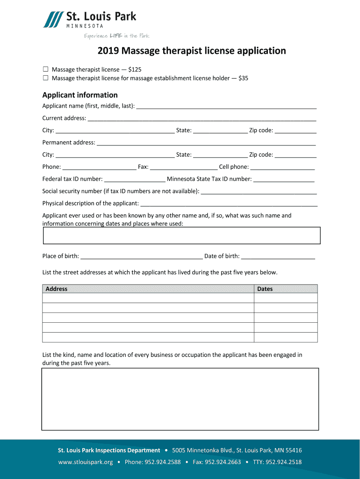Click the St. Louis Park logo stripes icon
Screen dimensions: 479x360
coord(53,20)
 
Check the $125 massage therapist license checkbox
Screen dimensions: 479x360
coord(46,69)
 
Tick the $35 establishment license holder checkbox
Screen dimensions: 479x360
coord(46,78)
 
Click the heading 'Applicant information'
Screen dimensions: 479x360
coord(80,95)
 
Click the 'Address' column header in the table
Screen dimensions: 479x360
coord(57,289)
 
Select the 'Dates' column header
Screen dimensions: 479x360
coord(265,289)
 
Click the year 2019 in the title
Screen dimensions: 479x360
coord(108,51)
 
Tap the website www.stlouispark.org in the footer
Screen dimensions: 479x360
coord(85,462)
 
